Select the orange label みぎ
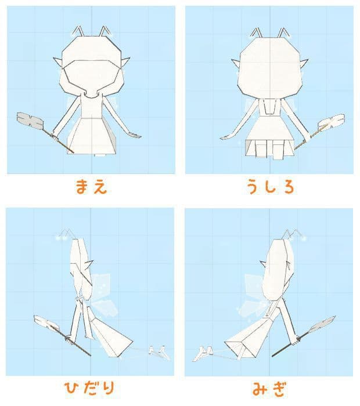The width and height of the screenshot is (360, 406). [x=269, y=388]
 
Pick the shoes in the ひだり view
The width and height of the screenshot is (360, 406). [x=157, y=350]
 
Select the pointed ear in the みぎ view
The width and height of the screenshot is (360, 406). [x=265, y=264]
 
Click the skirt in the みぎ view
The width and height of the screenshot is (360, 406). [x=247, y=339]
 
